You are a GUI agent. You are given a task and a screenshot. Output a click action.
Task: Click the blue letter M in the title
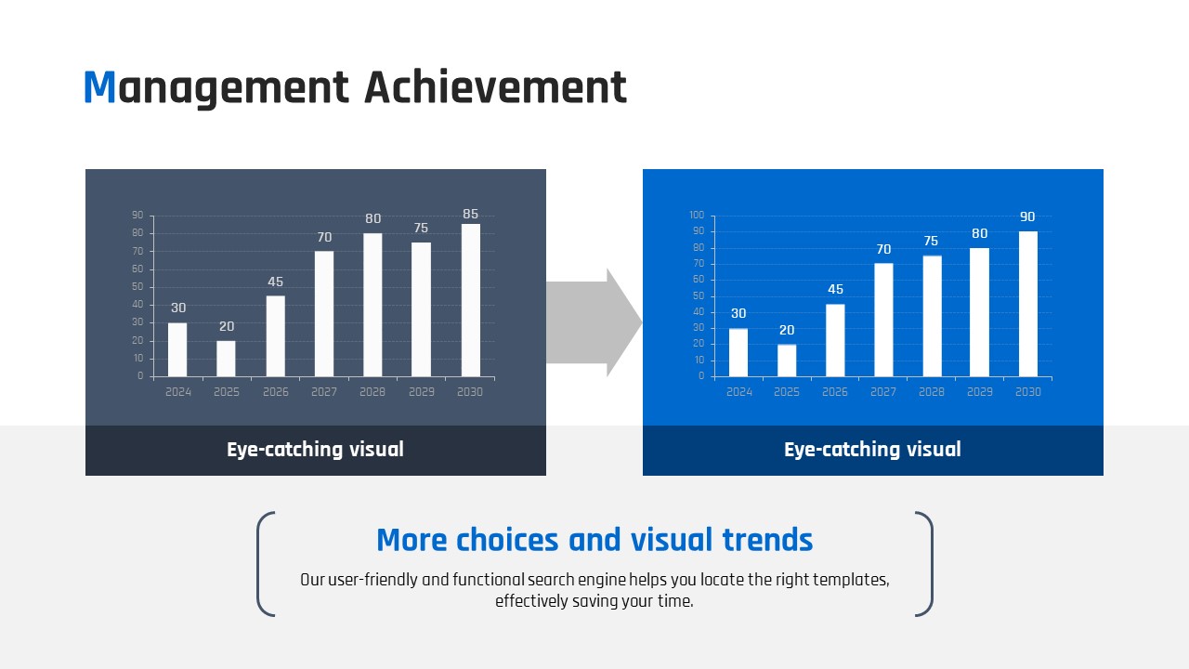pos(99,86)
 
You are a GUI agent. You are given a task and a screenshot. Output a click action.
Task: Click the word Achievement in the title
pos(495,86)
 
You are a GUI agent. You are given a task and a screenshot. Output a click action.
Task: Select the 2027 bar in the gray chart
pos(324,314)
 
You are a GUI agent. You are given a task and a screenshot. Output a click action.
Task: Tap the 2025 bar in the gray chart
pos(226,359)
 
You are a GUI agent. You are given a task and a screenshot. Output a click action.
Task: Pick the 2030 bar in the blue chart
pos(1027,304)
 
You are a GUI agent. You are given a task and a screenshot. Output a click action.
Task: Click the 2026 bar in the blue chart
pos(835,340)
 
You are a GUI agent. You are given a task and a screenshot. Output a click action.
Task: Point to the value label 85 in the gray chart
pos(470,214)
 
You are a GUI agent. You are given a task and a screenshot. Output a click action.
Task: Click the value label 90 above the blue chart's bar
pos(1027,216)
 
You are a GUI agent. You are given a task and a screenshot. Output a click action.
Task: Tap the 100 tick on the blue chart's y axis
pos(697,215)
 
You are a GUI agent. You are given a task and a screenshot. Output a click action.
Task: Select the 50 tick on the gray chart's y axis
pos(137,287)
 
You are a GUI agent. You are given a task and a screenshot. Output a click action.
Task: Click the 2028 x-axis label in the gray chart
pos(372,392)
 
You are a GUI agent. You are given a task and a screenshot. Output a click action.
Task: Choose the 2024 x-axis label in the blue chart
pos(738,392)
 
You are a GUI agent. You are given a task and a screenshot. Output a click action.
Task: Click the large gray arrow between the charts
pos(594,322)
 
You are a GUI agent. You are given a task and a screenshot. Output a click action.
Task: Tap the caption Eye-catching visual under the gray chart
pos(315,450)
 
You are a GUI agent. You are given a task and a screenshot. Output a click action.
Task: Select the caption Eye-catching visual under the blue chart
pos(872,450)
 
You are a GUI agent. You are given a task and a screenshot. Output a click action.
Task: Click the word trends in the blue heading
pos(767,540)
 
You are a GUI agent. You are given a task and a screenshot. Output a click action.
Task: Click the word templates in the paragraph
pos(851,580)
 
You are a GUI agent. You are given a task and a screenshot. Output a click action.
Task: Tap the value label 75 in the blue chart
pos(931,241)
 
